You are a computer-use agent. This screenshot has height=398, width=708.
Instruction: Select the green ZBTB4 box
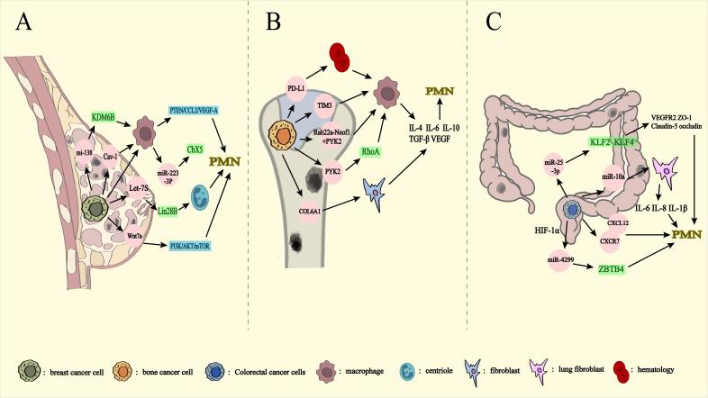(620, 267)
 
